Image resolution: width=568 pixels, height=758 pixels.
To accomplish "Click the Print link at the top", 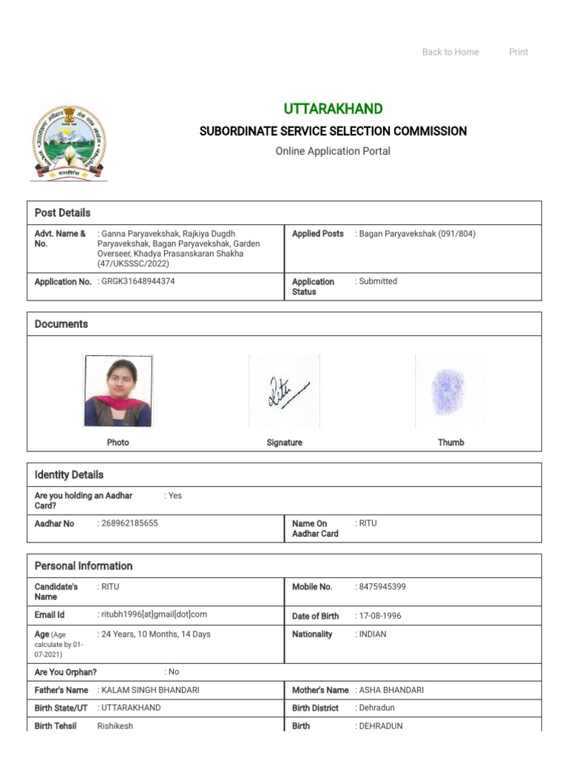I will pyautogui.click(x=518, y=52).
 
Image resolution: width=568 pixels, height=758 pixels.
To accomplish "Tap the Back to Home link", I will pyautogui.click(x=450, y=52).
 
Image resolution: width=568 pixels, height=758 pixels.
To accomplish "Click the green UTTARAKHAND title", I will pyautogui.click(x=333, y=109).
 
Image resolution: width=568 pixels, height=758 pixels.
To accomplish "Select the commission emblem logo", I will pyautogui.click(x=68, y=143).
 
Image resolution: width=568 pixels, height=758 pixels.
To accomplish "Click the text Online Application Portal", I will pyautogui.click(x=333, y=151).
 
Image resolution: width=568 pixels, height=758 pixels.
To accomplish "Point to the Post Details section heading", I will pyautogui.click(x=63, y=212).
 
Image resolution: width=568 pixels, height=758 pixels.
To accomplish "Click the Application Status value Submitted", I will pyautogui.click(x=378, y=281).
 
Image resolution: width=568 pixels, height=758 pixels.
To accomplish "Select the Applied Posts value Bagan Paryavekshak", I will pyautogui.click(x=417, y=234).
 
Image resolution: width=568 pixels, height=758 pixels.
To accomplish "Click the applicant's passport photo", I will pyautogui.click(x=118, y=391).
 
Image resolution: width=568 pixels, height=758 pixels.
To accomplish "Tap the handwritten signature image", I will pyautogui.click(x=285, y=391).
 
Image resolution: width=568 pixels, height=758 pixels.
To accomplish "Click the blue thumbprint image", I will pyautogui.click(x=448, y=391).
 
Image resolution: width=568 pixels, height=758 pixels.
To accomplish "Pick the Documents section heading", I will pyautogui.click(x=61, y=324).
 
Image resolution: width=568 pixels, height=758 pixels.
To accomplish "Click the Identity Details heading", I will pyautogui.click(x=70, y=474).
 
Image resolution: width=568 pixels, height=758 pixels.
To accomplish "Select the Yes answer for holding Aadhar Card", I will pyautogui.click(x=175, y=496).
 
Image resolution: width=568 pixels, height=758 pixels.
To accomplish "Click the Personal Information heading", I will pyautogui.click(x=84, y=566).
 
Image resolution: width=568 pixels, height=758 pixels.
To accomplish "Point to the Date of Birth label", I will pyautogui.click(x=315, y=616).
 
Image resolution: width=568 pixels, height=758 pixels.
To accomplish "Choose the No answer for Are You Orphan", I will pyautogui.click(x=173, y=672).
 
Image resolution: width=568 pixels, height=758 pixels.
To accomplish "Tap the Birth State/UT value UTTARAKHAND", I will pyautogui.click(x=130, y=708).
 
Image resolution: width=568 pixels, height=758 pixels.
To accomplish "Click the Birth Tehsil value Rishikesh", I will pyautogui.click(x=115, y=726).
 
